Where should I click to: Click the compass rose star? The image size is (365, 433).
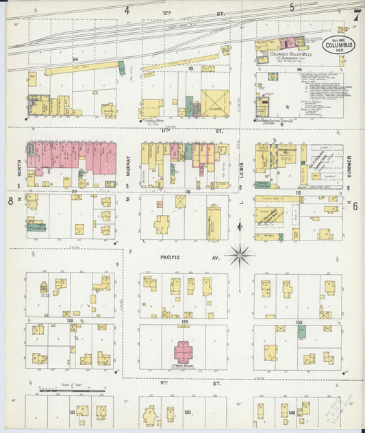click(240, 256)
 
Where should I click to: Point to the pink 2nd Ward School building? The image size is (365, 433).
click(183, 351)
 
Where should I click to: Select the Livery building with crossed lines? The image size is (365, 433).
click(214, 103)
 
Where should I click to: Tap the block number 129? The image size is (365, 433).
click(184, 321)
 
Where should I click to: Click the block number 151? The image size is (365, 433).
click(72, 412)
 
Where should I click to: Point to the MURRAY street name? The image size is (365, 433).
click(128, 167)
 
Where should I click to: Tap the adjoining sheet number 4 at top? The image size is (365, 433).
click(127, 10)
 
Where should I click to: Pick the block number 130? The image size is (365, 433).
click(299, 321)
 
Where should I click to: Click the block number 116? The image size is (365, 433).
click(186, 192)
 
